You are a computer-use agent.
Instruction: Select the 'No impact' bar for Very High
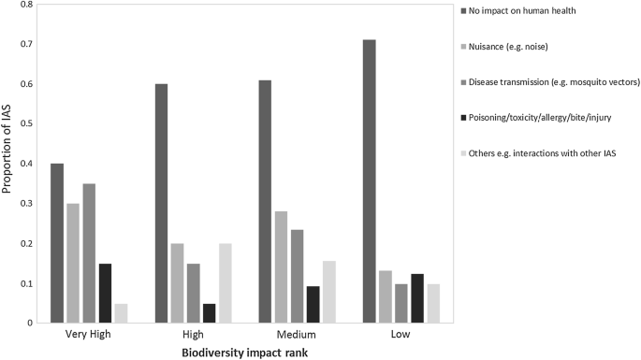coord(57,243)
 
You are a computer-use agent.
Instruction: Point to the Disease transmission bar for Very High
coord(89,253)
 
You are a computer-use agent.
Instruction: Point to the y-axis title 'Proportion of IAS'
coord(8,164)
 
